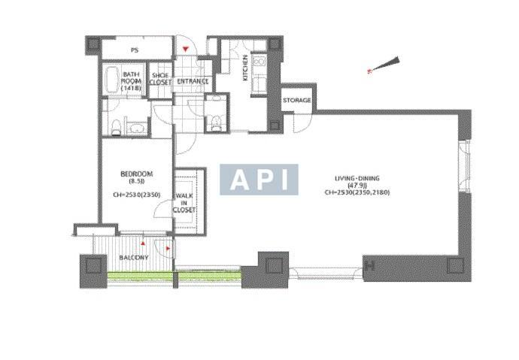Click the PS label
pyautogui.click(x=135, y=50)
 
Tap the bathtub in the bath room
pyautogui.click(x=111, y=80)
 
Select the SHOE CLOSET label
pyautogui.click(x=160, y=79)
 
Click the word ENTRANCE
pyautogui.click(x=193, y=81)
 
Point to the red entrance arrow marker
pyautogui.click(x=186, y=50)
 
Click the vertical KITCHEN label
pyautogui.click(x=245, y=68)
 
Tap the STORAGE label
pyautogui.click(x=297, y=100)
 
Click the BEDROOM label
pyautogui.click(x=136, y=174)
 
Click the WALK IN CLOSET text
pyautogui.click(x=184, y=203)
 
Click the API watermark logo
pyautogui.click(x=259, y=180)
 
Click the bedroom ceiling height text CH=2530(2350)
pyautogui.click(x=136, y=195)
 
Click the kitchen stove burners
pyautogui.click(x=259, y=62)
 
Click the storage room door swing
pyautogui.click(x=301, y=123)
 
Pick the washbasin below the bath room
pyautogui.click(x=136, y=128)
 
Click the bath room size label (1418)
pyautogui.click(x=131, y=88)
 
